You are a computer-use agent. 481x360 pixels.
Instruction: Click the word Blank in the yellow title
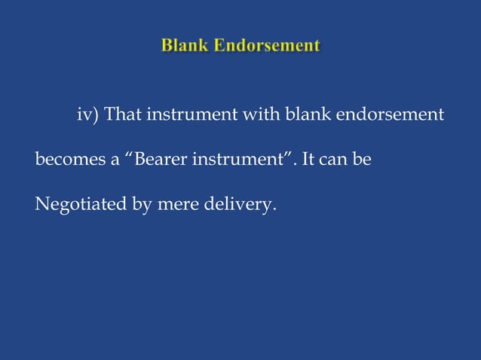click(184, 46)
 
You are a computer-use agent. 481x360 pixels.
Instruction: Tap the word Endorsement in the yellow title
click(266, 46)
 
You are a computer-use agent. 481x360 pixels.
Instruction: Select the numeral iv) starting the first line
click(88, 116)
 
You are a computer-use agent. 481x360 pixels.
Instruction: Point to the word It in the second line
click(308, 160)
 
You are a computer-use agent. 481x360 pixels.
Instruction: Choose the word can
click(336, 160)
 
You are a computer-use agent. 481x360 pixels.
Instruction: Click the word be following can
click(363, 160)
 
